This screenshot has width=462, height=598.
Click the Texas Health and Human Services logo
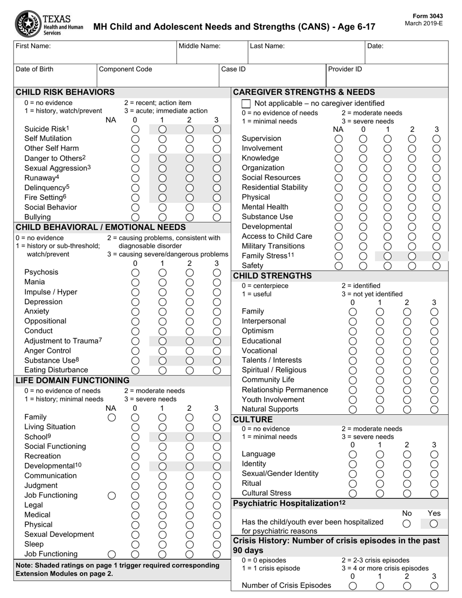(49, 23)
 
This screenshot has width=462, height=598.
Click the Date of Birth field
(55, 75)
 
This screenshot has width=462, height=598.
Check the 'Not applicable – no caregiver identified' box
(247, 104)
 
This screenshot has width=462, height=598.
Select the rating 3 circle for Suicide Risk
(217, 129)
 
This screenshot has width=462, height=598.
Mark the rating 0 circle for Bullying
(136, 217)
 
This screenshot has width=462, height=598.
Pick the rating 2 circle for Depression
(190, 302)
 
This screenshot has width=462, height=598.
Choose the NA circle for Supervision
(339, 139)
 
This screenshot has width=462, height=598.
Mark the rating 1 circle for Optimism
(380, 331)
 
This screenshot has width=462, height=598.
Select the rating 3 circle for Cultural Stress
(435, 493)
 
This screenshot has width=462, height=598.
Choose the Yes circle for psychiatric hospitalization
(434, 524)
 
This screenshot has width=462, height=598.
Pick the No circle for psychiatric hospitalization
(407, 524)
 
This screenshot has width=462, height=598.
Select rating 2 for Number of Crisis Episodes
(407, 586)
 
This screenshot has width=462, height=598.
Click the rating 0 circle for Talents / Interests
(354, 361)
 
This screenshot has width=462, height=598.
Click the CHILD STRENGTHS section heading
(272, 276)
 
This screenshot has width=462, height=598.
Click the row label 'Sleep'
(34, 544)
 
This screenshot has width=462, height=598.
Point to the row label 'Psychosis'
(41, 272)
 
